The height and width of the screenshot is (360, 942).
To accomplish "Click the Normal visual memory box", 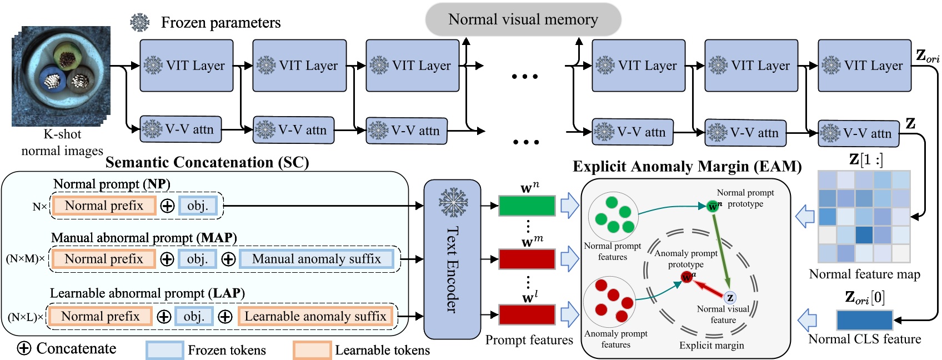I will point(523,20).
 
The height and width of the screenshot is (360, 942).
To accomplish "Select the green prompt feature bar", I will point(527,206).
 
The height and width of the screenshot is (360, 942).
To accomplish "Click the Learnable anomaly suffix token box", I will point(315,316).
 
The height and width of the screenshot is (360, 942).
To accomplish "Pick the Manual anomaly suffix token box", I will point(316,259).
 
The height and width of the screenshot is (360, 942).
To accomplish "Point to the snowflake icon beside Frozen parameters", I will point(139,22).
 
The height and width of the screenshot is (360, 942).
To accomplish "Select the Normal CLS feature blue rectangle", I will point(864,321).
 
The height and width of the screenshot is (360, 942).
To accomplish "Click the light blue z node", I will point(730,298).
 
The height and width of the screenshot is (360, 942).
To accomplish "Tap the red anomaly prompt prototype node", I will point(687,276).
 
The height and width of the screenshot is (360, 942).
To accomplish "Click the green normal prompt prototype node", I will point(713,206).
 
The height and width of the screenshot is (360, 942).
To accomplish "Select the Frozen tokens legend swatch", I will point(164,350).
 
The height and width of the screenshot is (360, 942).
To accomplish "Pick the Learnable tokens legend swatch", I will point(312,350).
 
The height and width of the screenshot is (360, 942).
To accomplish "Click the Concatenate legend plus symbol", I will point(24,348).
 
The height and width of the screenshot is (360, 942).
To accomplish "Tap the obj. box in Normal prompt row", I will point(197,206).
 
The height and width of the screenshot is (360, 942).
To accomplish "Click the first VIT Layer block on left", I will point(186,66).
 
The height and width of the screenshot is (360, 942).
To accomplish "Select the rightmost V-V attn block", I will point(858,133).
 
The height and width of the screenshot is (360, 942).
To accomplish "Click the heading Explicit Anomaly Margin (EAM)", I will point(687,167).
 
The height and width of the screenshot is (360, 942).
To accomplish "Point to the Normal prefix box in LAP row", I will point(101,316).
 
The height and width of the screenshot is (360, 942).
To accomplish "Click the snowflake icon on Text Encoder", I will point(453,202).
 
